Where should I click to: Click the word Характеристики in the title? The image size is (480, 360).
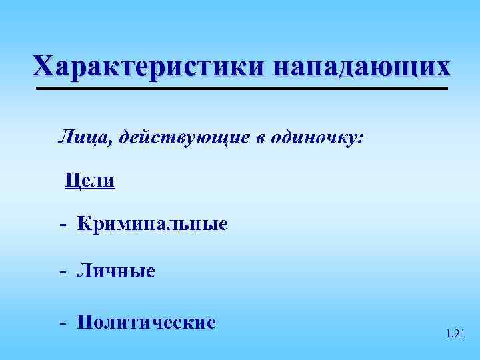click(x=148, y=67)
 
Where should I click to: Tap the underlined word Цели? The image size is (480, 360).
click(x=90, y=180)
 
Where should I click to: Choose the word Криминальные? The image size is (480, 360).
click(x=153, y=224)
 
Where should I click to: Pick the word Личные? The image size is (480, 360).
click(x=116, y=271)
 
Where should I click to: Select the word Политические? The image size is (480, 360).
click(x=147, y=323)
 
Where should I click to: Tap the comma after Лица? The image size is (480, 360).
click(x=101, y=143)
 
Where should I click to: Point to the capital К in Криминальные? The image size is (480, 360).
click(x=85, y=224)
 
